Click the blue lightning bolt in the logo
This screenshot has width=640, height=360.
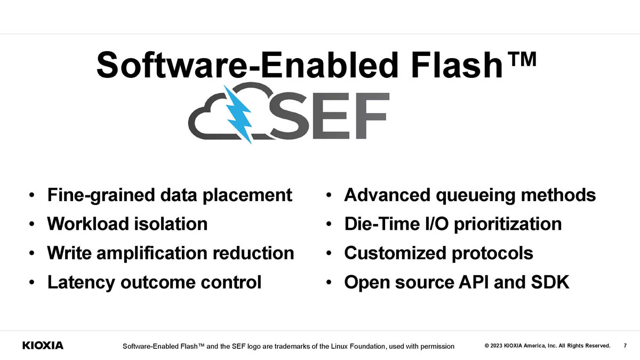pos(238,114)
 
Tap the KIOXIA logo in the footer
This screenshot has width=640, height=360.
pos(43,346)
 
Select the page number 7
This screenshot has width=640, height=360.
pos(625,346)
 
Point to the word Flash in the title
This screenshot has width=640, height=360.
pos(457,65)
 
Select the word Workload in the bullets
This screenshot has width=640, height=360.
pos(88,223)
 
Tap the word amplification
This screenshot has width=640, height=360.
pos(151,254)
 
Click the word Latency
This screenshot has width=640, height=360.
pos(81,283)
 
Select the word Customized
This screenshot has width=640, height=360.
pos(395,253)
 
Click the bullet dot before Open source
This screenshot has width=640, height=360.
pos(329,283)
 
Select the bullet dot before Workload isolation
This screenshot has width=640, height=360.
pos(31,224)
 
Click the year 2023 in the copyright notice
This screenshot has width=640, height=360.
pos(497,346)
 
